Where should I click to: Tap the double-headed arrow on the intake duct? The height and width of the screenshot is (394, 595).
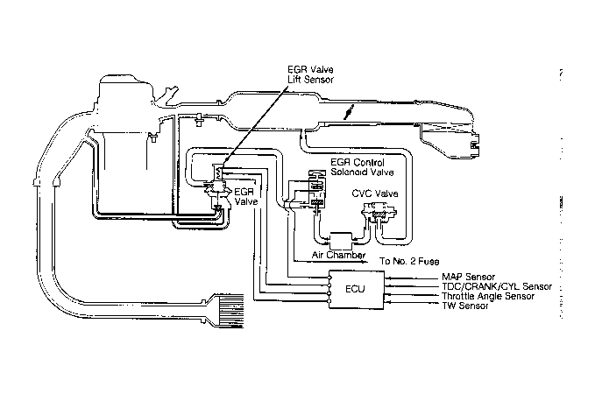351,113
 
